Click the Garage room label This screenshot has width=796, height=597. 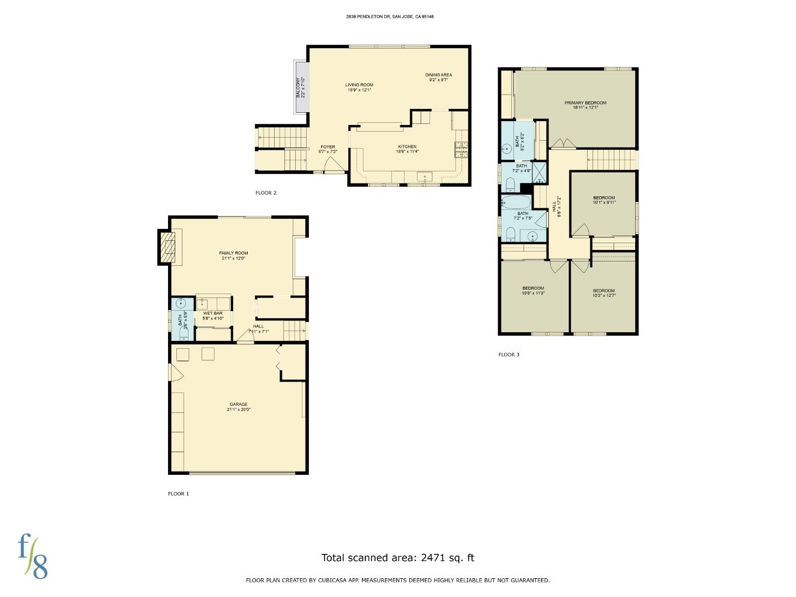(x=238, y=407)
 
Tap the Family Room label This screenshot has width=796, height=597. (x=233, y=255)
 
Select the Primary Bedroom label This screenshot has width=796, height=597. (x=585, y=105)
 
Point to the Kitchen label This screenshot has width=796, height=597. (x=407, y=149)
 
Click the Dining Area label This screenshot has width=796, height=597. (x=438, y=77)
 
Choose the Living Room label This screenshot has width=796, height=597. (x=359, y=87)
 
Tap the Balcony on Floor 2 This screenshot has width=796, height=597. (x=301, y=87)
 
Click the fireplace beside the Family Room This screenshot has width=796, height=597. (x=167, y=247)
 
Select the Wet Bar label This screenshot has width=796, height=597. (x=213, y=316)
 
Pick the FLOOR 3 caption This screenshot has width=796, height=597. (x=509, y=355)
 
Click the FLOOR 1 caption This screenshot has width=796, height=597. (x=178, y=494)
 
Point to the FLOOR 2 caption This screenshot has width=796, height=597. (x=265, y=193)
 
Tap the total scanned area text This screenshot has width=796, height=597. (x=397, y=558)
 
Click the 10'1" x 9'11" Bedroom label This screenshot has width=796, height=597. (x=604, y=200)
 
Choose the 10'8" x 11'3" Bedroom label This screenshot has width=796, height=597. (x=533, y=291)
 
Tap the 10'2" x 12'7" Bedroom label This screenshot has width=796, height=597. (x=604, y=293)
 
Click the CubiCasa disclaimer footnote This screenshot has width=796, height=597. (x=397, y=580)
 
